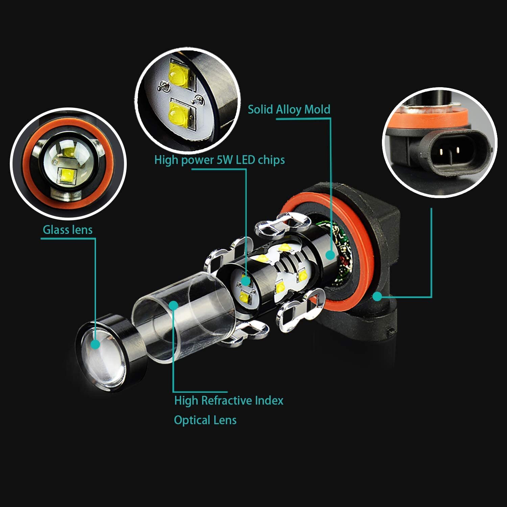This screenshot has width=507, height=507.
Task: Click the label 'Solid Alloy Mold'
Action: tap(289, 110)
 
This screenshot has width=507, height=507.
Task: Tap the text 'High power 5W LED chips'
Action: tap(219, 160)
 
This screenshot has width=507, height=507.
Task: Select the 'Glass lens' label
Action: tap(67, 230)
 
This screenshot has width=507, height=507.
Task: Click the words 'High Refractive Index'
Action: tap(229, 401)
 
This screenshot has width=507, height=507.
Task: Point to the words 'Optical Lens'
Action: tap(205, 420)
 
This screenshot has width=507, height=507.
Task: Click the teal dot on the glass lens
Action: tap(96, 344)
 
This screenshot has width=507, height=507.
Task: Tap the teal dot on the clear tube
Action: tap(174, 305)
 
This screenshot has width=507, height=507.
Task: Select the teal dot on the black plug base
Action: tap(378, 296)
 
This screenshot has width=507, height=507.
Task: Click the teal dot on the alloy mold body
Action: tap(330, 255)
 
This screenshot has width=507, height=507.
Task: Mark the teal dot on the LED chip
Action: tap(246, 281)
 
